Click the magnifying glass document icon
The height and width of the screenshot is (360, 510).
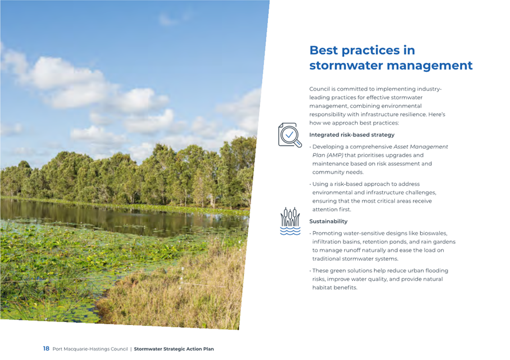tap(290, 135)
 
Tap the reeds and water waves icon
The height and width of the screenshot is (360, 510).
tap(290, 221)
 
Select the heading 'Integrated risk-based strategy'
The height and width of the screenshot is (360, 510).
tap(352, 135)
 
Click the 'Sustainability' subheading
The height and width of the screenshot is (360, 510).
tap(328, 221)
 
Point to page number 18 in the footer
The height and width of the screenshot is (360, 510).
tap(46, 349)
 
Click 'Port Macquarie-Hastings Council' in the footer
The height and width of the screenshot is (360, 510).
tap(90, 349)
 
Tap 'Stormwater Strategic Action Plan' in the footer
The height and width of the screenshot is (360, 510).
tap(174, 349)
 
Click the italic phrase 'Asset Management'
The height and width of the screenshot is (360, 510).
tap(421, 147)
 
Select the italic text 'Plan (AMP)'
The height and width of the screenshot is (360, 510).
tap(327, 155)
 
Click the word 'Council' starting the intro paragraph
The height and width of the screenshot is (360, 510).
tap(320, 89)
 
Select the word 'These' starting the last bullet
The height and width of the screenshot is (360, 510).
tap(320, 271)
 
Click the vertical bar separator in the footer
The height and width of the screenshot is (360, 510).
tap(131, 349)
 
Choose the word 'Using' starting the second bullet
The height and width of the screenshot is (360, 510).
tap(319, 184)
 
